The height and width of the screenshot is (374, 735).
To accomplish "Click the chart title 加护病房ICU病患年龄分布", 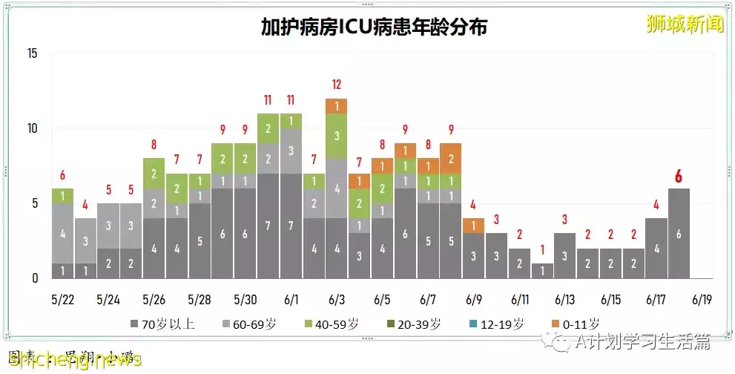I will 375,27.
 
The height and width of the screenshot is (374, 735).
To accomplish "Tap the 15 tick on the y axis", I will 31,53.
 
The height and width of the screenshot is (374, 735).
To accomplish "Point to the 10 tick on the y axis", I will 31,128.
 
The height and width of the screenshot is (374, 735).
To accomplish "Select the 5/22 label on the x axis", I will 62,299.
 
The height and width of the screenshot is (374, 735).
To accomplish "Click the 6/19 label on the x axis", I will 701,299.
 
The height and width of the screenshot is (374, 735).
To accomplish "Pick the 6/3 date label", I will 336,299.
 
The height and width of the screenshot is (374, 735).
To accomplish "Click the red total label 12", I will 336,84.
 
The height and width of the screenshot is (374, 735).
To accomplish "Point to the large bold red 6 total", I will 678,176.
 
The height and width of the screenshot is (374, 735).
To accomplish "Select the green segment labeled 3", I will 336,136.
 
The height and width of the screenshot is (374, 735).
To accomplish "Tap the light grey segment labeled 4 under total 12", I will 336,188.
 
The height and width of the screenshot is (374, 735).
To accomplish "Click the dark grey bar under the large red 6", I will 678,233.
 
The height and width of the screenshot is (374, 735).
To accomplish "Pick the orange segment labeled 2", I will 450,158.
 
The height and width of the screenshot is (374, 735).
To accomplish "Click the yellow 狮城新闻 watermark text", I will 684,23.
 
